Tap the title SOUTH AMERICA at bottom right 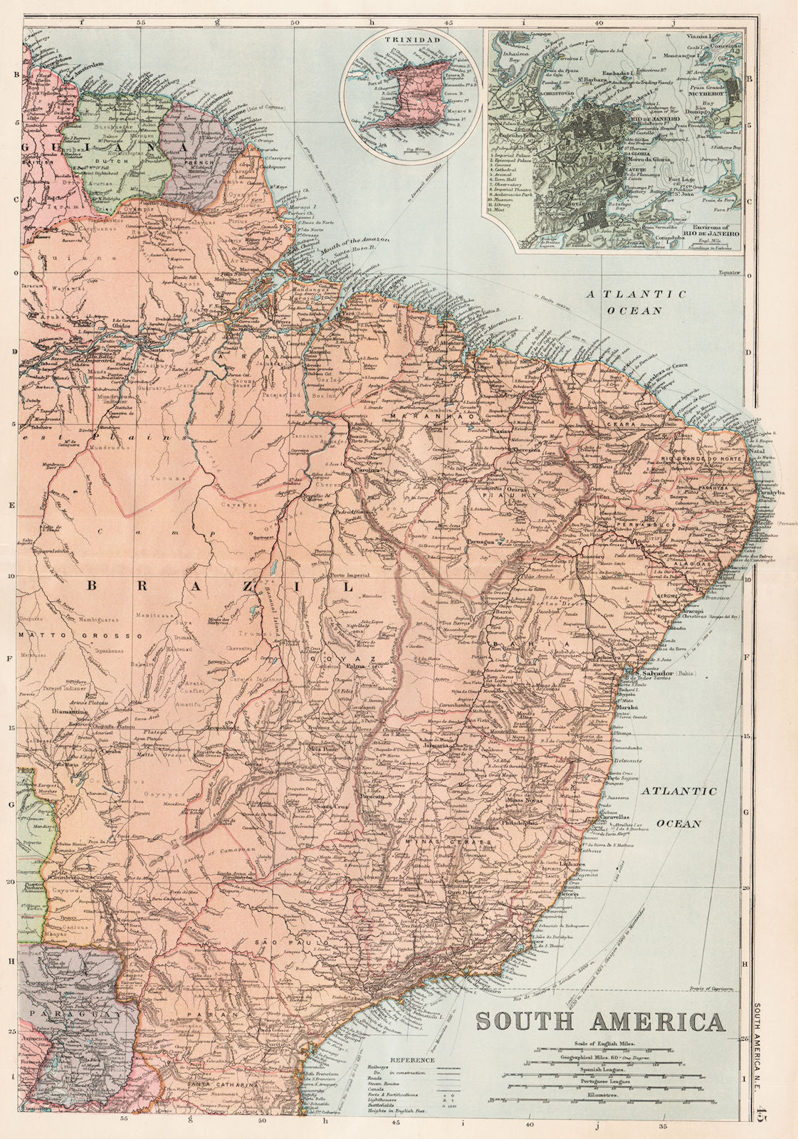pos(600,1021)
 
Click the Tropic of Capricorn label pos(711,989)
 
